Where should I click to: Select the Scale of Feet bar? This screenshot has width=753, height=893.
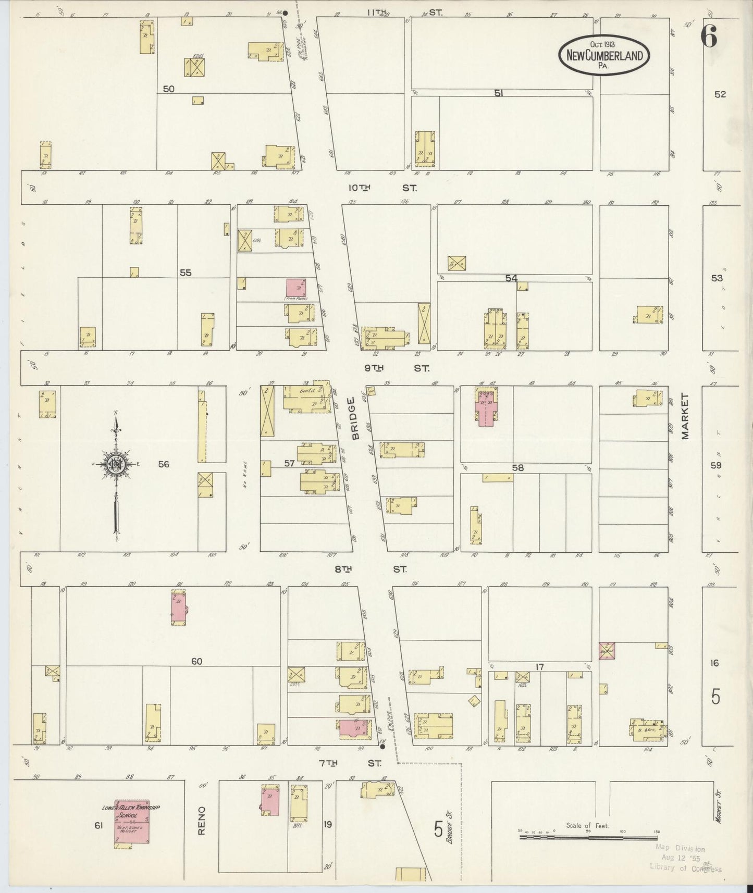588,838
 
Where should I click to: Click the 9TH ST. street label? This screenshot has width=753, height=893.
397,368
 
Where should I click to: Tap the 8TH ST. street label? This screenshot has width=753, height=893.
371,570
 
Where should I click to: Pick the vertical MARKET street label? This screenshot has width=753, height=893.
685,416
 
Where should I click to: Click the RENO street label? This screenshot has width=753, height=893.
202,821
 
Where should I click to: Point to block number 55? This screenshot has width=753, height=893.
186,272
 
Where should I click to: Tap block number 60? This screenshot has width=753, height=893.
196,662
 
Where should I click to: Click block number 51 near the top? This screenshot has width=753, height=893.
499,93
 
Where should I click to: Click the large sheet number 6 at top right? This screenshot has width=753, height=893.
709,36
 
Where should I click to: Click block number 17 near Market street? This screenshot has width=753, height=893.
539,666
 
